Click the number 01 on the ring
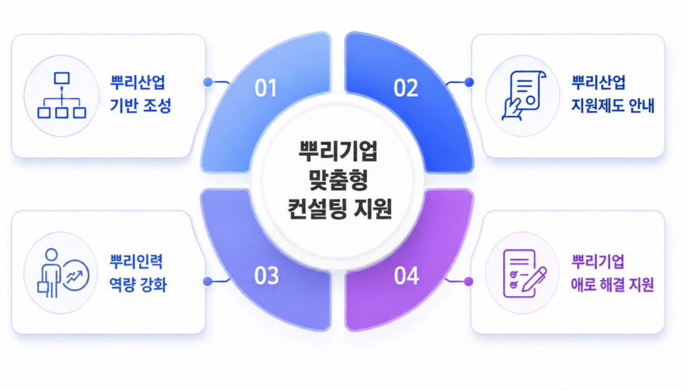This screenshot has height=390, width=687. pos(266,88)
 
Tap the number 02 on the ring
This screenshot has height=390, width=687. pos(406,88)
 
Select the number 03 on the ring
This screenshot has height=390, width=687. pos(266,276)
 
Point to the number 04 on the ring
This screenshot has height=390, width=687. pos(407,276)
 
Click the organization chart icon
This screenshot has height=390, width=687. pos(62,95)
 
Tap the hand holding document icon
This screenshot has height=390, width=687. pos(523,95)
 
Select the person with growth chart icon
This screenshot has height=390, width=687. pos(63,273)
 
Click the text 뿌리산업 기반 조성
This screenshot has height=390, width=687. pos(140,94)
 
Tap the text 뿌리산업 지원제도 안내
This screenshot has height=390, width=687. pos(613,94)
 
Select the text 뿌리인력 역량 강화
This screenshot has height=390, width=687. pos(138,273)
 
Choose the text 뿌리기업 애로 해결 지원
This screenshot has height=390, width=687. pos(613,273)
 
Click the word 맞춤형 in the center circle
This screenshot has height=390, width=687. pos(338,180)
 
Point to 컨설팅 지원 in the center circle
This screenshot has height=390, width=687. pos(339,208)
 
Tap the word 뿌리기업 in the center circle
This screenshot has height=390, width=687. pos(338,151)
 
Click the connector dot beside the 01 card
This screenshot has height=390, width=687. pos(208,82)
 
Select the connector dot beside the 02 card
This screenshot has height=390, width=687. pos(469,82)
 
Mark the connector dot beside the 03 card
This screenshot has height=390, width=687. pos(208,281)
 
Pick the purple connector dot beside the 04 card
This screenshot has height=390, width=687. pos(469,281)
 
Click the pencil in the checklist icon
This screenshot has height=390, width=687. pos(534,279)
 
